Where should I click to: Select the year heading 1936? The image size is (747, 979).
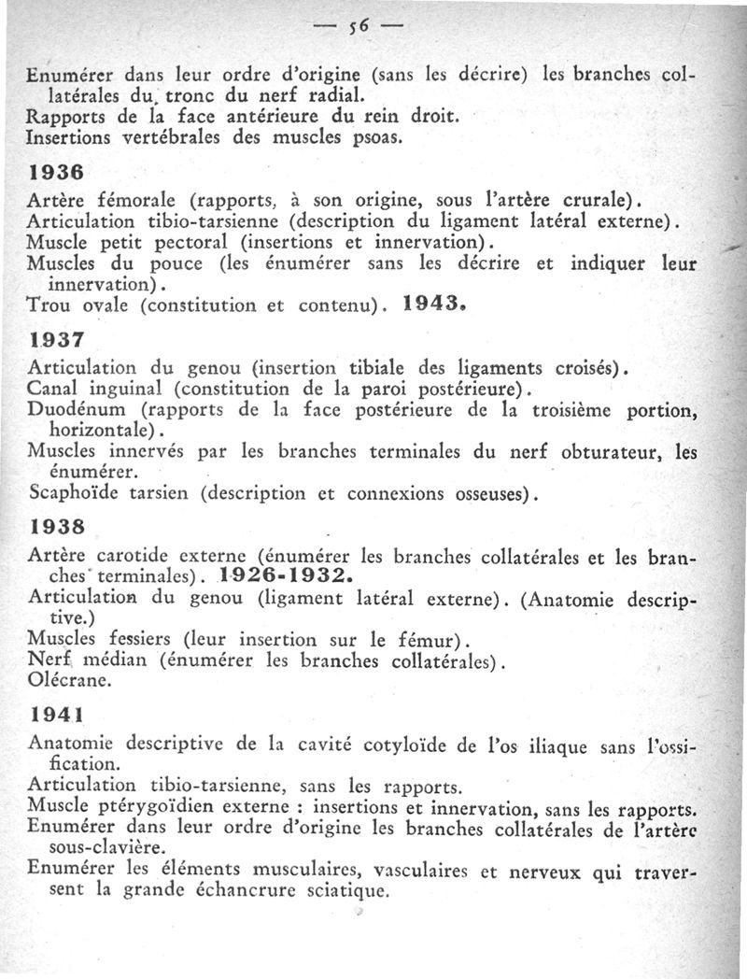(x=56, y=174)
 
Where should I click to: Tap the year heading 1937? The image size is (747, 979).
(x=57, y=342)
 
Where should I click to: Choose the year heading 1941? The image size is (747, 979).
(x=57, y=715)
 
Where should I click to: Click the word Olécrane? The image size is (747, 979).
(x=68, y=682)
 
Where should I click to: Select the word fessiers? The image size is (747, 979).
(x=140, y=641)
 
